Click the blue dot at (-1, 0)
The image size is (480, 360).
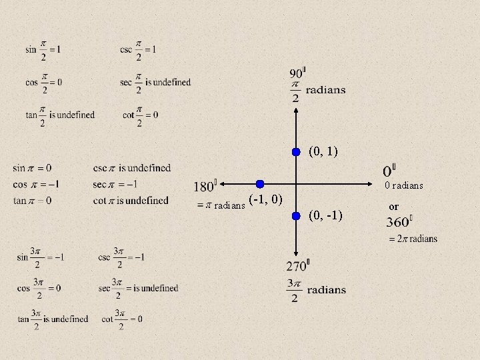click(x=260, y=184)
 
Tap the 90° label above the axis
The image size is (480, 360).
click(x=298, y=73)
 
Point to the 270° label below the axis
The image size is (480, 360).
click(x=297, y=266)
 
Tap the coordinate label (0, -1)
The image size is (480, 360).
click(x=326, y=215)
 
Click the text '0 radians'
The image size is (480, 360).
click(x=403, y=185)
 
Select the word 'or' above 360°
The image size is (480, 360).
click(x=393, y=207)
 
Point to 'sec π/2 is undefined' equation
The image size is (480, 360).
click(x=156, y=83)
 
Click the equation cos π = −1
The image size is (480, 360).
click(x=36, y=184)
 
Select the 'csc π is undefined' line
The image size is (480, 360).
click(x=131, y=168)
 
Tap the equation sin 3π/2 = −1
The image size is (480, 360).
click(x=41, y=257)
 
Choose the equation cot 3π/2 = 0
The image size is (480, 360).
click(x=122, y=319)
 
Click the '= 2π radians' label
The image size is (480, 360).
click(x=413, y=239)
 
